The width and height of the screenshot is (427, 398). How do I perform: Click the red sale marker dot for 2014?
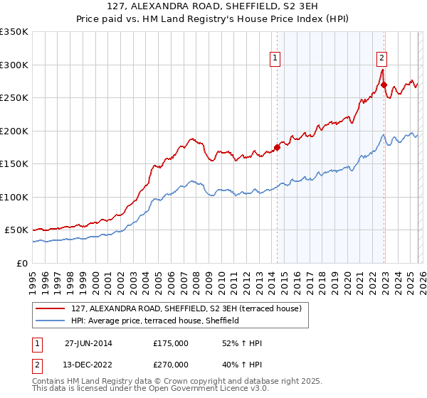[277, 147]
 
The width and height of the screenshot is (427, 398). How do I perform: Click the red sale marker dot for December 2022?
[384, 85]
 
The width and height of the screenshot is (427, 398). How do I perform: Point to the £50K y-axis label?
[16, 230]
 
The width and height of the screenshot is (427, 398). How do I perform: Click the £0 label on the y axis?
[23, 263]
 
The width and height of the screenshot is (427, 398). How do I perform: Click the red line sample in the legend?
[51, 308]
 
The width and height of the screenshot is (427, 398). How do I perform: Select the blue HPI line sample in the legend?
[51, 321]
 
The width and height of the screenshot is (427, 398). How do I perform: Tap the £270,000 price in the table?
[170, 364]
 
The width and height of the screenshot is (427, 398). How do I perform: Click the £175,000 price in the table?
[170, 343]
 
